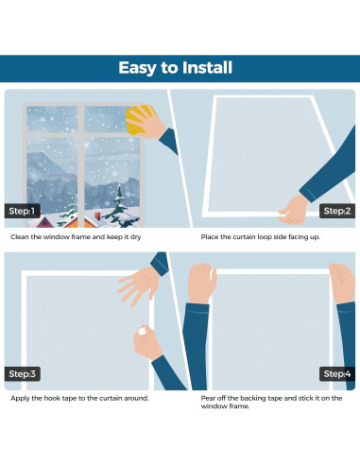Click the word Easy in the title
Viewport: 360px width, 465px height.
coord(139,68)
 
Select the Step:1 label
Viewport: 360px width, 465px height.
coord(21,211)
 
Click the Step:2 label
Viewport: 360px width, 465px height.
coord(337,211)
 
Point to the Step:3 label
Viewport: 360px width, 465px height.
coord(21,374)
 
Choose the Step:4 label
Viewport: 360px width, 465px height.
coord(337,374)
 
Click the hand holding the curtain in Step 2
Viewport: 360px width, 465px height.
coord(297,207)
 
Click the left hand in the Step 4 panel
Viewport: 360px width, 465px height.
coord(202,284)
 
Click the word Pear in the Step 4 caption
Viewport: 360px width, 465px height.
coord(209,398)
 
